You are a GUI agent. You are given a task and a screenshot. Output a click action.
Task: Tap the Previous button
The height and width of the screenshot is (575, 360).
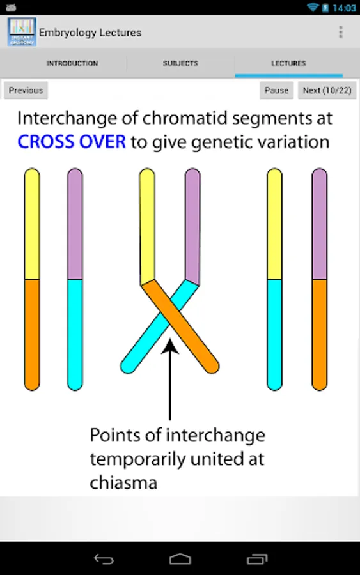tap(26, 90)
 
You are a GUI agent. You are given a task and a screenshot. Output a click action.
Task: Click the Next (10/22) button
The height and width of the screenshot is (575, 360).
tap(327, 90)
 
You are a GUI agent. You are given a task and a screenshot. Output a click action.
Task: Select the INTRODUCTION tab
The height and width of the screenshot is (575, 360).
tap(72, 63)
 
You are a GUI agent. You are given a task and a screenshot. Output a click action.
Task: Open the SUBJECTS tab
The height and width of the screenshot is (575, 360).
tap(180, 63)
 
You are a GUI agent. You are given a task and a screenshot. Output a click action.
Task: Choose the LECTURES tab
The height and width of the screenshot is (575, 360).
tap(289, 63)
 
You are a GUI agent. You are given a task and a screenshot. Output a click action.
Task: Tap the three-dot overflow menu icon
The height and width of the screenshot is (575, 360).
tap(341, 33)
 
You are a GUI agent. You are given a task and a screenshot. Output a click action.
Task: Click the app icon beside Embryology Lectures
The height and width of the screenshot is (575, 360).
tap(22, 32)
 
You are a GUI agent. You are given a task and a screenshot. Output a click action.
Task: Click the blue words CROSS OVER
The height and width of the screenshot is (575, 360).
tap(72, 142)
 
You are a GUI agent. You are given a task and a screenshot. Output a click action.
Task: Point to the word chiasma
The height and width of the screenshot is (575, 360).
tap(123, 483)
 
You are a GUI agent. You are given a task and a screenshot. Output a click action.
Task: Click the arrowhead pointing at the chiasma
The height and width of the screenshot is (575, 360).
tap(170, 346)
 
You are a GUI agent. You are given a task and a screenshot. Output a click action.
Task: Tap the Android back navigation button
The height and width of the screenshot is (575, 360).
tap(104, 559)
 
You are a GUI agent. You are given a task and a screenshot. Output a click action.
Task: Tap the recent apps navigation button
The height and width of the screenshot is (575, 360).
tap(257, 559)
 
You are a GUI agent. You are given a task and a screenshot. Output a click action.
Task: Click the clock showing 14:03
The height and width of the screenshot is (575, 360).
tap(344, 8)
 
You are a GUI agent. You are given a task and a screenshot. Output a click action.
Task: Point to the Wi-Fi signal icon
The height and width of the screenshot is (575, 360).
tap(312, 7)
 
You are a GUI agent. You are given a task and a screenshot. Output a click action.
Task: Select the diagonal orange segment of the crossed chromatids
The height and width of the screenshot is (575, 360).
tap(180, 326)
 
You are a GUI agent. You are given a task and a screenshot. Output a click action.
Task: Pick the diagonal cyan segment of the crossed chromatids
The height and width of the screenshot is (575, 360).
tap(159, 326)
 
